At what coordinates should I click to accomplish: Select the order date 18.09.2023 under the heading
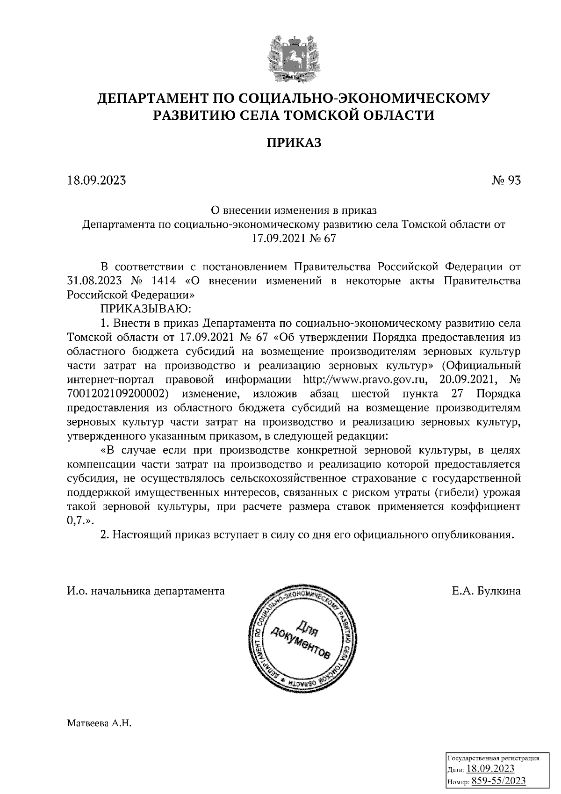click(97, 180)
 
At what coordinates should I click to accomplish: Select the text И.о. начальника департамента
click(145, 591)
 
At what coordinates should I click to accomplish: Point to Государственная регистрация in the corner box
click(493, 758)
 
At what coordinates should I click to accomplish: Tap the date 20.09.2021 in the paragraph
click(463, 378)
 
